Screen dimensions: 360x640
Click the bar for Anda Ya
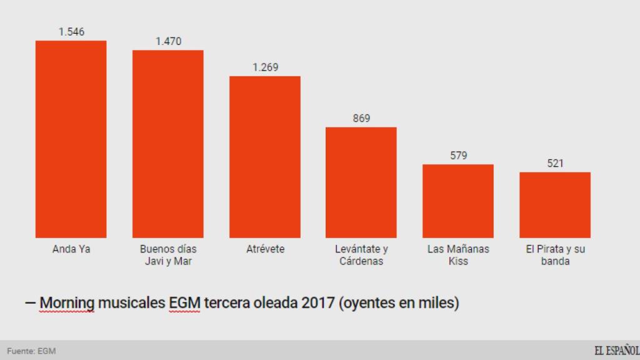coord(71,139)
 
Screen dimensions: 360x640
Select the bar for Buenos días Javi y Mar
coord(167,144)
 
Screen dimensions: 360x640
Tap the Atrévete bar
coord(264,156)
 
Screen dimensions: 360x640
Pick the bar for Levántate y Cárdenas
coord(361,182)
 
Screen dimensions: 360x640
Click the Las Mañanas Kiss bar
coord(458,201)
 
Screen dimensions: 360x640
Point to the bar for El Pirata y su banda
coord(555,204)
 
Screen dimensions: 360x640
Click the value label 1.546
coord(71,32)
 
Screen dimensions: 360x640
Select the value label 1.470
coord(168,41)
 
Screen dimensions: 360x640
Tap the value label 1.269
coord(265,67)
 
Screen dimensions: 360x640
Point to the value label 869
coord(361,118)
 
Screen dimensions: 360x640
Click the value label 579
coord(458,156)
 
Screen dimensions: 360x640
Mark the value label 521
coord(555,163)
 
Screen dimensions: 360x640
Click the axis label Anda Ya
coord(71,249)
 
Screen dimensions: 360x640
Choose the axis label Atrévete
coord(265,249)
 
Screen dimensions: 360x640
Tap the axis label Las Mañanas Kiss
coord(458,255)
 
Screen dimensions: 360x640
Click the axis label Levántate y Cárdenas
coord(361,255)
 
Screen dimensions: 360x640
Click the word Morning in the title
coord(67,304)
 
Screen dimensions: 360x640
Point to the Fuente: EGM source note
coord(31,351)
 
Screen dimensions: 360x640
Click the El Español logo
coord(616,351)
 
